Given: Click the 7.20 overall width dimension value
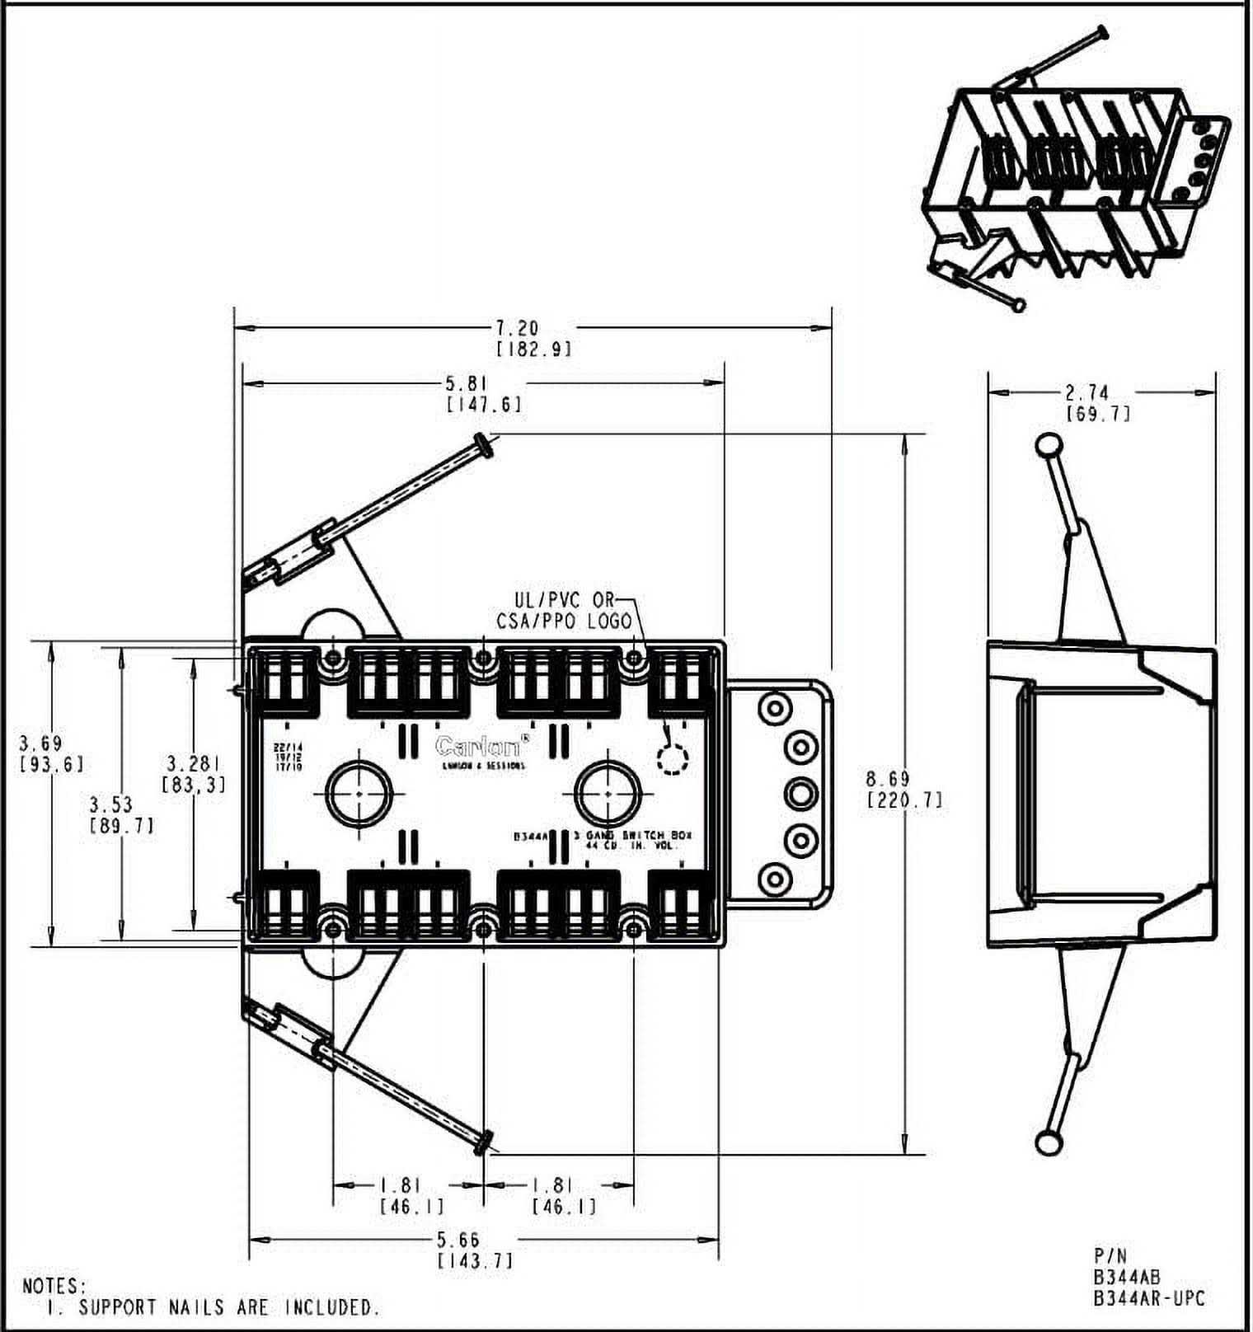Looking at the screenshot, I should click(517, 329).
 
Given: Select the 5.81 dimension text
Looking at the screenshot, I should click(467, 384).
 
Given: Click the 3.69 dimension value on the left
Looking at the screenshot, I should click(40, 743).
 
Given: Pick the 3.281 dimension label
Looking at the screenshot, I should click(192, 763).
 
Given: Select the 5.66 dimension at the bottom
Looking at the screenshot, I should click(458, 1240).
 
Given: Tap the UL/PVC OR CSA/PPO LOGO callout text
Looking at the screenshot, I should click(563, 611).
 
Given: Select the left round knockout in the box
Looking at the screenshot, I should click(359, 793).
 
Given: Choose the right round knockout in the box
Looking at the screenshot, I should click(608, 793).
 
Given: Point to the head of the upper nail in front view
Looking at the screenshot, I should click(484, 445).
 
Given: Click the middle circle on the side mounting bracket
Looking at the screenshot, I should click(799, 795).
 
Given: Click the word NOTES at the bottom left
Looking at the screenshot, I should click(54, 1286).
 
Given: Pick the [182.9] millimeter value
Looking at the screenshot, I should click(533, 349).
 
